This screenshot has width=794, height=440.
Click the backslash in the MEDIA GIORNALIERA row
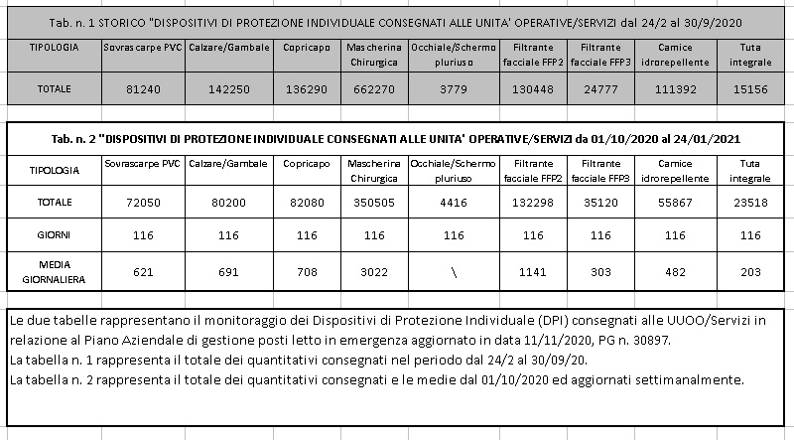coord(453,272)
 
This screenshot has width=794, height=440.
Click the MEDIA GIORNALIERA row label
coord(55,272)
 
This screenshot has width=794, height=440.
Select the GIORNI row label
coord(55,237)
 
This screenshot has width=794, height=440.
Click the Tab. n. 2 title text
coord(397,139)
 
